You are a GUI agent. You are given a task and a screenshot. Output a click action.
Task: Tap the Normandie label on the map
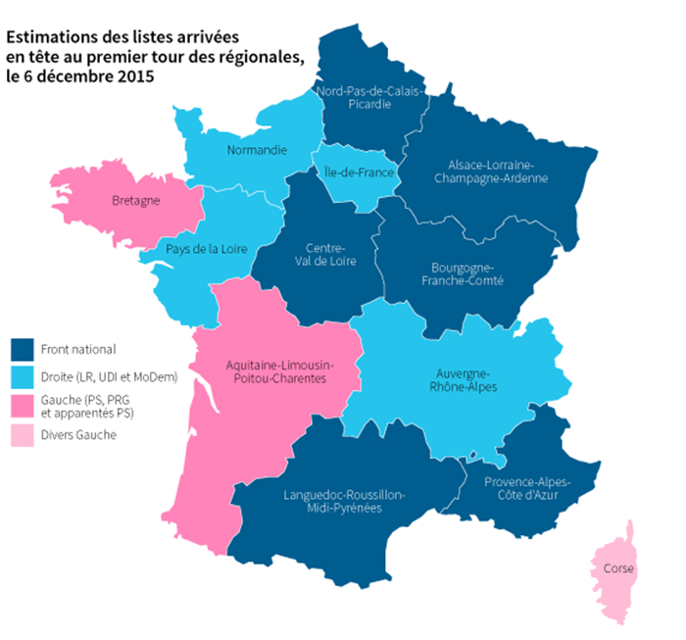pyautogui.click(x=256, y=150)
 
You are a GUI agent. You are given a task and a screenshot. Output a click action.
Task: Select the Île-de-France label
pyautogui.click(x=358, y=172)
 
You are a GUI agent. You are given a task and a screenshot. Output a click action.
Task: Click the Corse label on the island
pyautogui.click(x=617, y=568)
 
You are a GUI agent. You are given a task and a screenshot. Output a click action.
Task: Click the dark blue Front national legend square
pyautogui.click(x=22, y=349)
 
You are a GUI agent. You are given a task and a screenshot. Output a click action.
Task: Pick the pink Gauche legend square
pyautogui.click(x=22, y=406)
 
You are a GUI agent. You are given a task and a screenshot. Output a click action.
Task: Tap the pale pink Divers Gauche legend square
pyautogui.click(x=22, y=434)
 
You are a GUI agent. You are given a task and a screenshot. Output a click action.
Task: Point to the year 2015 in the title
pyautogui.click(x=135, y=75)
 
